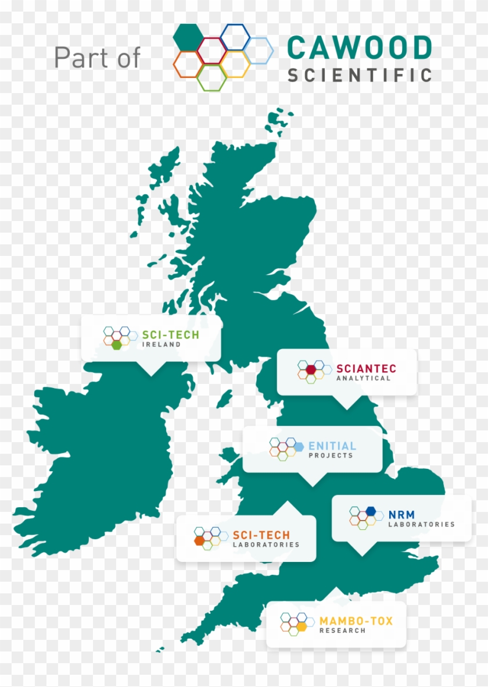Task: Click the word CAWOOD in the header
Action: [x=360, y=48]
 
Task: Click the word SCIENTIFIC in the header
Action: [x=360, y=75]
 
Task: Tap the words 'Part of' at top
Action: [x=97, y=58]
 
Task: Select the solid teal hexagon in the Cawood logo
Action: [x=188, y=36]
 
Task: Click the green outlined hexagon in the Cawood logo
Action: [x=211, y=78]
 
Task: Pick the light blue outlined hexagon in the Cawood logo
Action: [x=259, y=51]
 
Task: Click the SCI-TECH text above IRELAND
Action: [x=170, y=335]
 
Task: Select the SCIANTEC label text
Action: [x=366, y=369]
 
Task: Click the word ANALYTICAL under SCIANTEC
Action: [x=364, y=379]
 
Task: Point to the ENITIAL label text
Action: [x=332, y=446]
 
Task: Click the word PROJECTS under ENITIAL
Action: [x=331, y=455]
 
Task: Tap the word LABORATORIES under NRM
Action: [x=421, y=525]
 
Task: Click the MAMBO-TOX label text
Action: [x=356, y=621]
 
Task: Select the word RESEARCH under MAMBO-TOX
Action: [x=342, y=631]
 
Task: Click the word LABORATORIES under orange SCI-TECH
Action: [x=265, y=545]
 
